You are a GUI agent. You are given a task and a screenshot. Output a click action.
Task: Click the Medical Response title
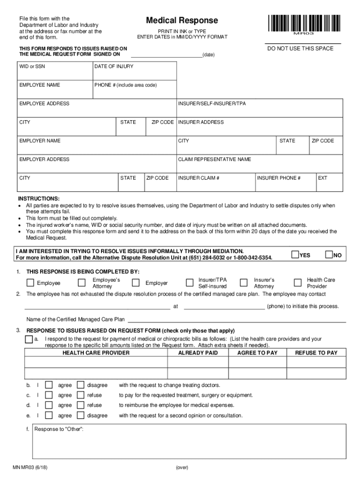coord(182,21)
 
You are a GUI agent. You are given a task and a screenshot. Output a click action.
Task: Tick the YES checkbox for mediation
coord(295,254)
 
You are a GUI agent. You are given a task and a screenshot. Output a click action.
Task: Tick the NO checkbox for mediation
coord(329,254)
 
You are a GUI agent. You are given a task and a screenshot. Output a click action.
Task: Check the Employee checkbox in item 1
coord(30,283)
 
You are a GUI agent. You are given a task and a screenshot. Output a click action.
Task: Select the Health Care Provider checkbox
coord(298,283)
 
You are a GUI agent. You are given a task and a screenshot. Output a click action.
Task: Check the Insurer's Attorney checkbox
coord(244,283)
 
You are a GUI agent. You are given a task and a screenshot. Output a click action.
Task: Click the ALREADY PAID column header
coord(198,353)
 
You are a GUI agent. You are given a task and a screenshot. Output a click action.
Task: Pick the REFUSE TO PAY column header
coord(316,353)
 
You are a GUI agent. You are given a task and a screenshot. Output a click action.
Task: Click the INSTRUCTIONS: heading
coord(39,198)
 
